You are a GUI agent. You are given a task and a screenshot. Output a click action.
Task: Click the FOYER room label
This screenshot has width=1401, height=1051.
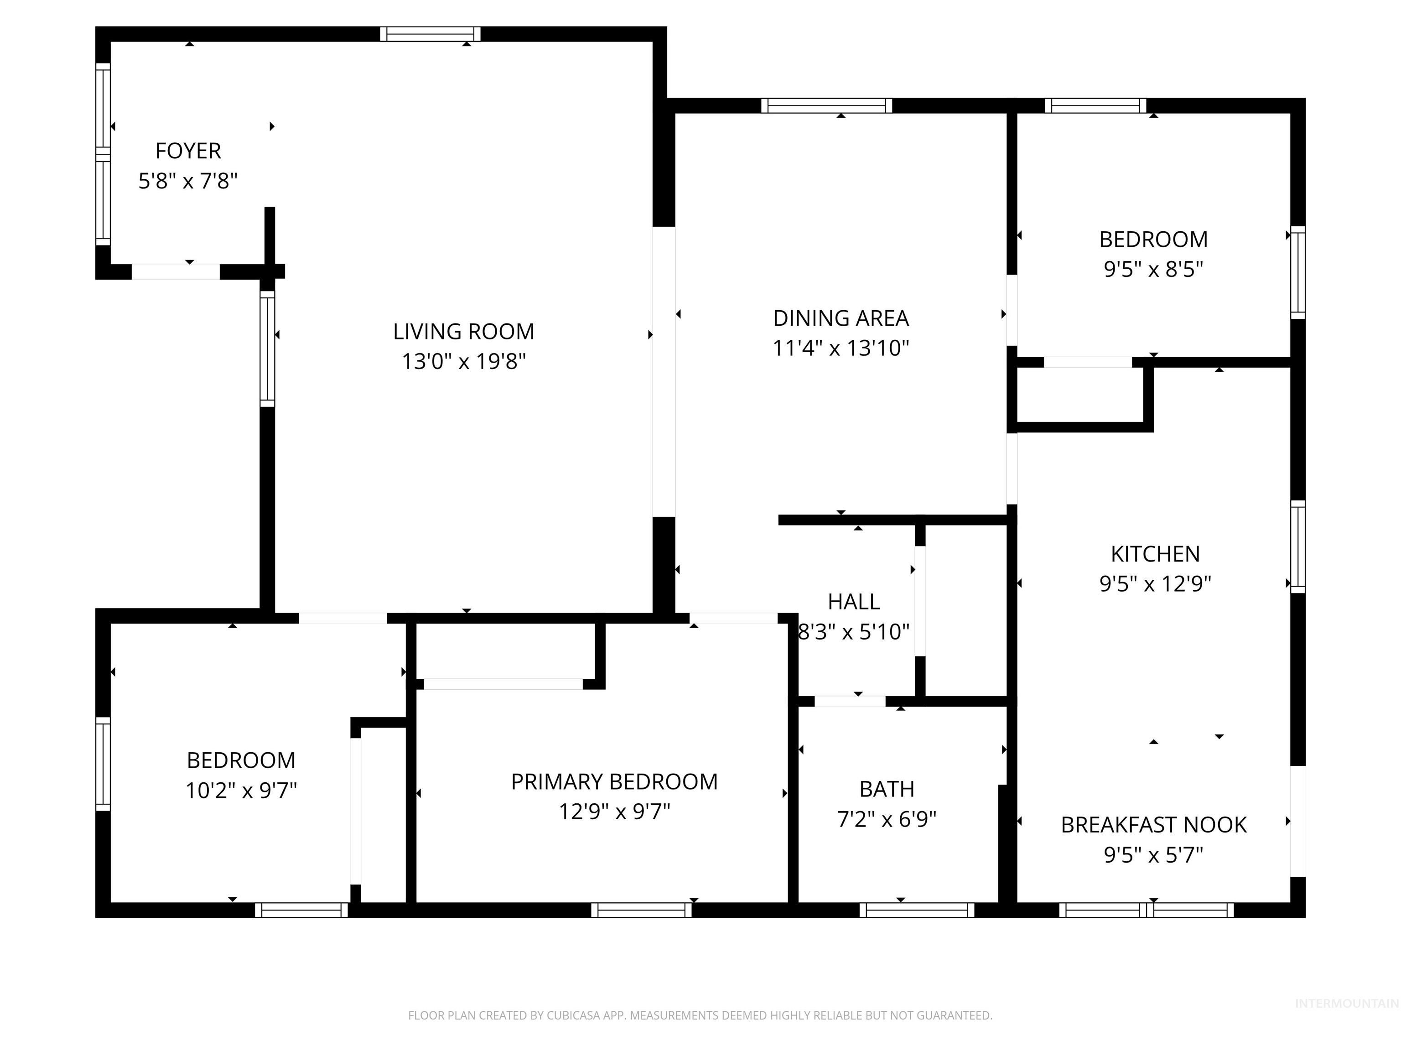click(188, 151)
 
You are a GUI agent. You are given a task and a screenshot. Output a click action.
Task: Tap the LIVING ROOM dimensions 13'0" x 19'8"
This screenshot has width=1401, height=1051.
click(464, 362)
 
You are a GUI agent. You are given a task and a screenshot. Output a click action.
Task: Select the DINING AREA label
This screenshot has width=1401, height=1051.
click(841, 318)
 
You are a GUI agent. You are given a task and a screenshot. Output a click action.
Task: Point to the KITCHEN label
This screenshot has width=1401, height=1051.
click(1155, 554)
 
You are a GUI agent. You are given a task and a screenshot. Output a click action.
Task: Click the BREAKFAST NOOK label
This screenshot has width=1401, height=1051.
click(1153, 825)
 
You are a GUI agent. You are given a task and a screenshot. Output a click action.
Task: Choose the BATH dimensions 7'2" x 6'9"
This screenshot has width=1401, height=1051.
click(887, 820)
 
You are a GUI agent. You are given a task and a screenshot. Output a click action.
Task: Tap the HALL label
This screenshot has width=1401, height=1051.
click(854, 602)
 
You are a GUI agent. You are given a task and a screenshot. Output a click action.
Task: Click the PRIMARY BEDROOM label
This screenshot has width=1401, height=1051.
click(614, 782)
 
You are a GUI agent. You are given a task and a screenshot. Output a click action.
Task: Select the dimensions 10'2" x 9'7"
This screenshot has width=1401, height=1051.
click(241, 791)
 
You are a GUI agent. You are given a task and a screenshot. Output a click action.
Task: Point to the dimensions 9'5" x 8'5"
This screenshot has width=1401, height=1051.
click(1153, 269)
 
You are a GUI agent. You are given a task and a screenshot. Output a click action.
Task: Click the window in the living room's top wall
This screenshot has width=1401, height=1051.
click(430, 34)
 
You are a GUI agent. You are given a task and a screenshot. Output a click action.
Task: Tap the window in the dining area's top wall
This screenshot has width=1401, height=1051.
click(826, 106)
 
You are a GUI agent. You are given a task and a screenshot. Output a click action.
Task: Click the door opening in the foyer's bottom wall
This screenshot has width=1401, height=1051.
click(176, 272)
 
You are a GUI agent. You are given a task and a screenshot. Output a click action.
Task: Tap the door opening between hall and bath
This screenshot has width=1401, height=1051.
click(849, 701)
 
